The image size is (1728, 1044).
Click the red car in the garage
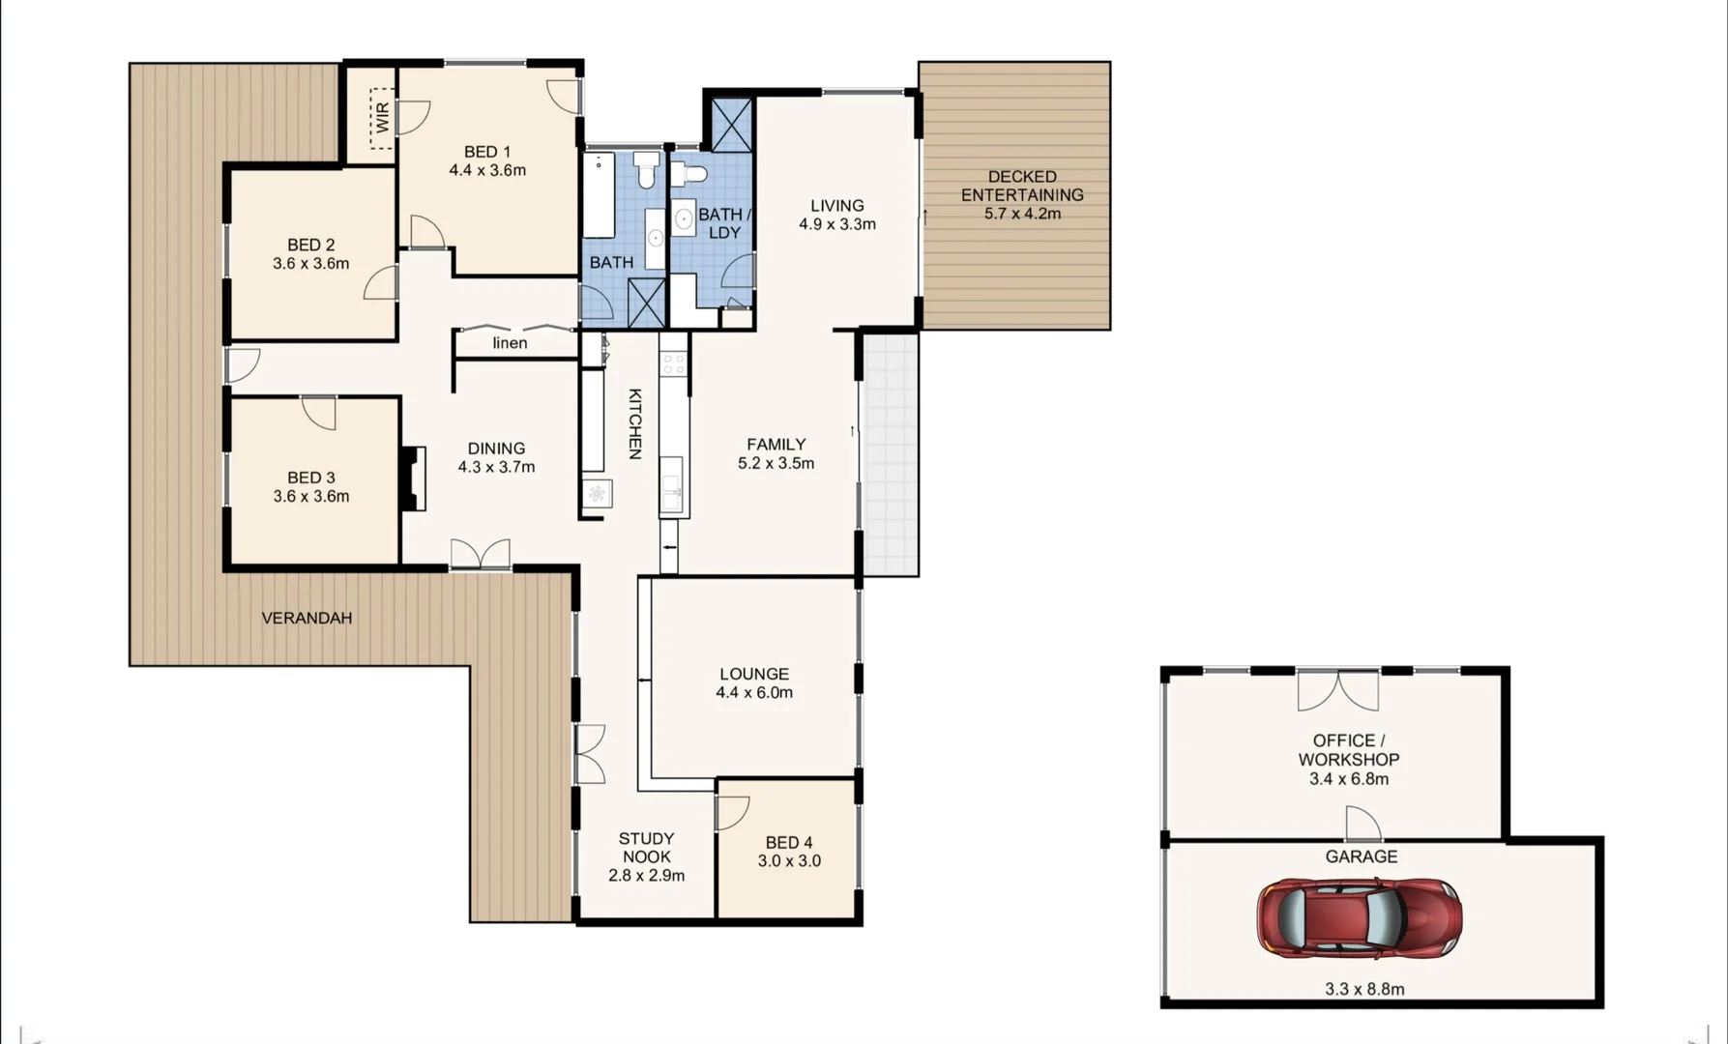[x=1359, y=918]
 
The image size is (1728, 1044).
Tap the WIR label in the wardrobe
[x=383, y=117]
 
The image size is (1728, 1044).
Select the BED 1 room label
[x=486, y=152]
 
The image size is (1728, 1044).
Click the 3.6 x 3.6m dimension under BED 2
[x=310, y=264]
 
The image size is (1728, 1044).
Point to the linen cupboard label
[x=510, y=343]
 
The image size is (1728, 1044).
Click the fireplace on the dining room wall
[x=414, y=478]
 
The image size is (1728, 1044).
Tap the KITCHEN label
[x=634, y=423]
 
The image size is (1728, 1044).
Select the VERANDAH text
[x=307, y=618]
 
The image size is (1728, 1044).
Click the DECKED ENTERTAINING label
[x=1022, y=186]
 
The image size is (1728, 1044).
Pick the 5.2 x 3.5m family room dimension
[x=776, y=463]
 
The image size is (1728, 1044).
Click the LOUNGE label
[x=753, y=674]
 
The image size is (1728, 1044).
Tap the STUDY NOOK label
[x=646, y=848]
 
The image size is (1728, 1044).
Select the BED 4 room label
[x=788, y=843]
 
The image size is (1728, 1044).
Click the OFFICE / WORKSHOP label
[x=1348, y=750]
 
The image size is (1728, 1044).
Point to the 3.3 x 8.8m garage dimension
[x=1364, y=989]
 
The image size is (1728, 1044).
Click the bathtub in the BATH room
[x=599, y=194]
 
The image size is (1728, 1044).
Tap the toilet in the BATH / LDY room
[x=689, y=174]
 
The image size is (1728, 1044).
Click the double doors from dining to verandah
[x=480, y=554]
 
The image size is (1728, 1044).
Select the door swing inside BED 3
[x=319, y=412]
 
